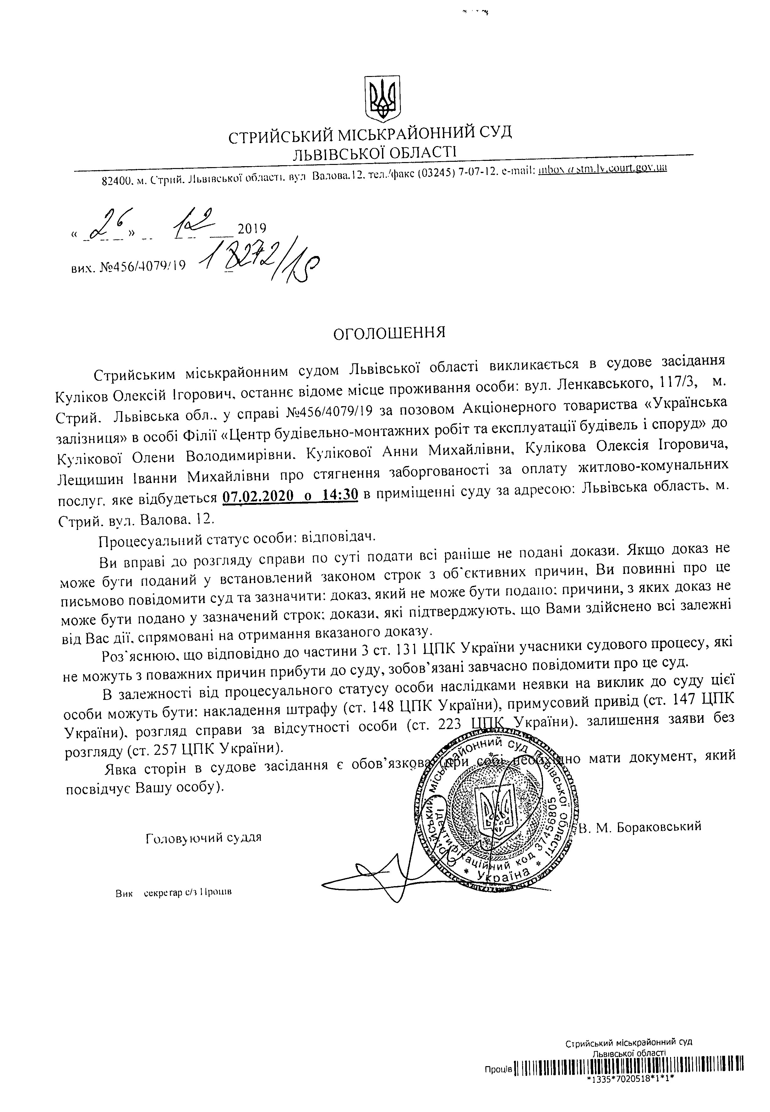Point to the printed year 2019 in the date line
252,228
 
